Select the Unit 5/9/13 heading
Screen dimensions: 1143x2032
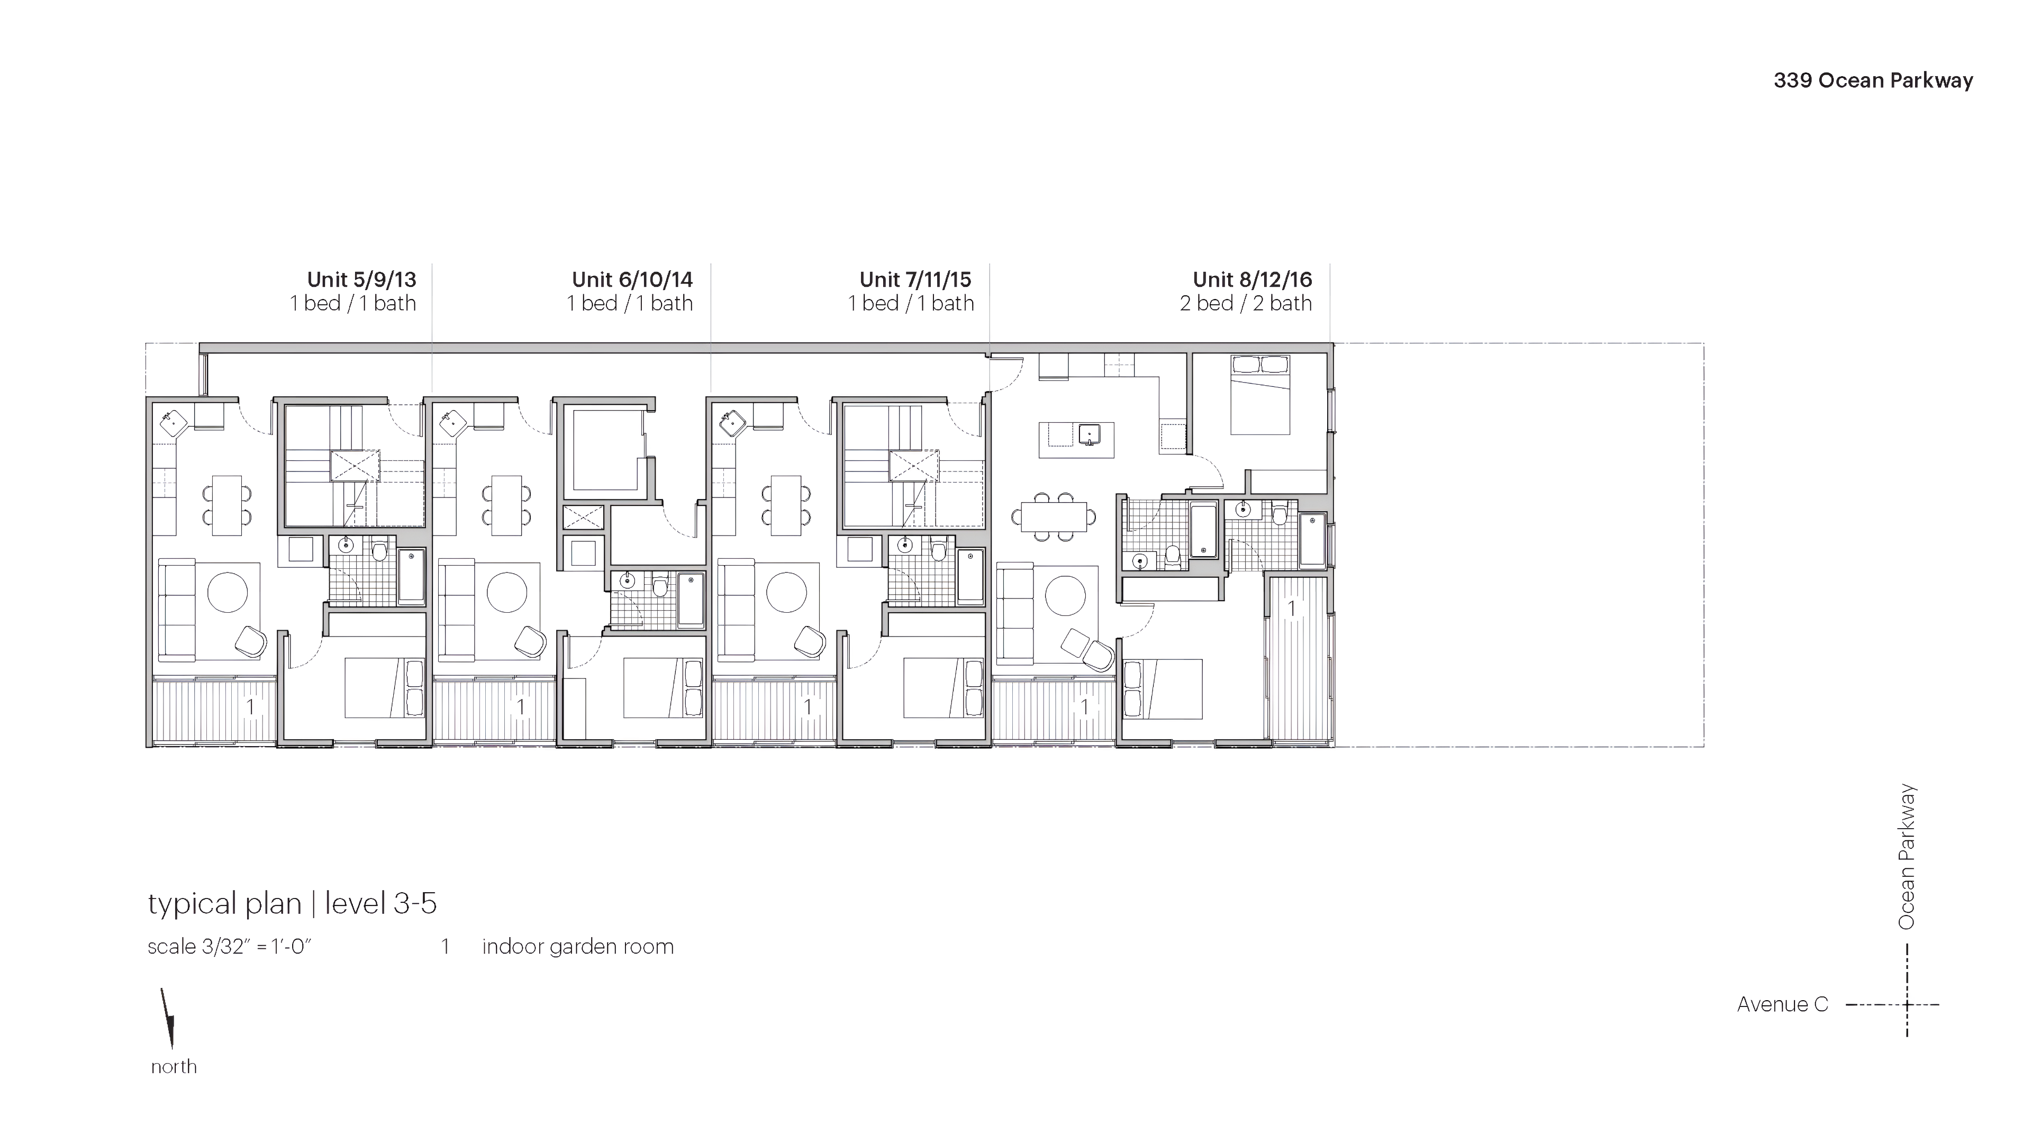(x=361, y=279)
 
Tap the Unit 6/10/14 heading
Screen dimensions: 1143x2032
(x=632, y=279)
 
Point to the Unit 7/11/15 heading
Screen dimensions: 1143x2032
(x=915, y=279)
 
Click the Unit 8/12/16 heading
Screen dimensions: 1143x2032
(x=1252, y=279)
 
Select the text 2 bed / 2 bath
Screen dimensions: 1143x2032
(x=1246, y=304)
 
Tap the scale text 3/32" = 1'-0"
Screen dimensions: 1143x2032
(x=230, y=947)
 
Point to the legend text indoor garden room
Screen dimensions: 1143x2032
(x=577, y=947)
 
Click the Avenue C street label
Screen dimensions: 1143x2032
(x=1782, y=1004)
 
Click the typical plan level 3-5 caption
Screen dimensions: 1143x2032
(x=292, y=903)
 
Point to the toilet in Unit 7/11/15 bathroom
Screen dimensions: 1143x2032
(x=938, y=549)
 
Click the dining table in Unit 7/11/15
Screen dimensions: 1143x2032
(x=786, y=506)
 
